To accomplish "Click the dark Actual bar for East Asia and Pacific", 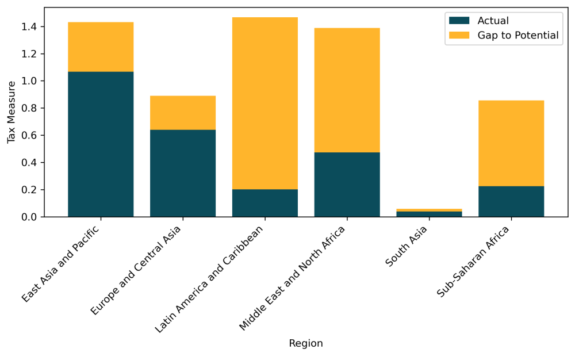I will tap(101, 144).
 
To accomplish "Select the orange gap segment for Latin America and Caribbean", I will tap(265, 104).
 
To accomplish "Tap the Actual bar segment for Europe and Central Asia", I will tap(183, 173).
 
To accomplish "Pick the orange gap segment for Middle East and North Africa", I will tap(347, 90).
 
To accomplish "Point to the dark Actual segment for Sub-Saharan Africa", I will tap(511, 201).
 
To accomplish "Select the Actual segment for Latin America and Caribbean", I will tap(265, 203).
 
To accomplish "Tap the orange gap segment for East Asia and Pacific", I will tap(101, 47).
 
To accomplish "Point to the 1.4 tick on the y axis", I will tap(29, 27).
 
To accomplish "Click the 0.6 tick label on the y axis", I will tap(29, 136).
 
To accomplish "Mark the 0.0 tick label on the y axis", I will tap(29, 217).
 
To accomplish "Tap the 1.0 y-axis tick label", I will tap(29, 81).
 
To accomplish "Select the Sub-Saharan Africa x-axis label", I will tap(474, 261).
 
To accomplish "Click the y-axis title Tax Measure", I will tap(11, 112).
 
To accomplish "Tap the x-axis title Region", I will tap(306, 344).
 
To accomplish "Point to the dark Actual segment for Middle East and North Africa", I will tap(347, 185).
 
